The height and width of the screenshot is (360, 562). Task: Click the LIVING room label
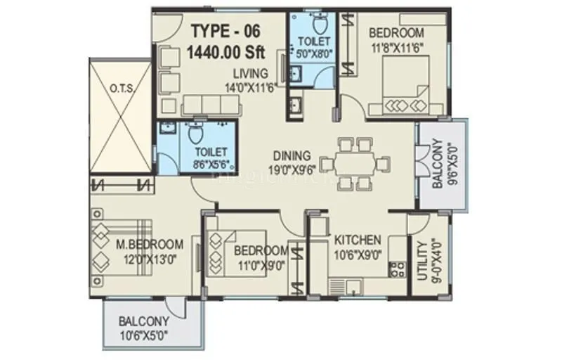[x=251, y=72]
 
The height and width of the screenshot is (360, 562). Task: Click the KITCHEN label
[x=357, y=239]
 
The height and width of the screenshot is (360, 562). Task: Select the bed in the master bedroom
[x=119, y=246]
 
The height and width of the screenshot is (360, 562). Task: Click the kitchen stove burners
[x=396, y=269]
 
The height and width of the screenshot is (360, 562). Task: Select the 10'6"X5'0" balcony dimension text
[x=144, y=335]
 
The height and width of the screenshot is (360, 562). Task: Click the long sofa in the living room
[x=209, y=105]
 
